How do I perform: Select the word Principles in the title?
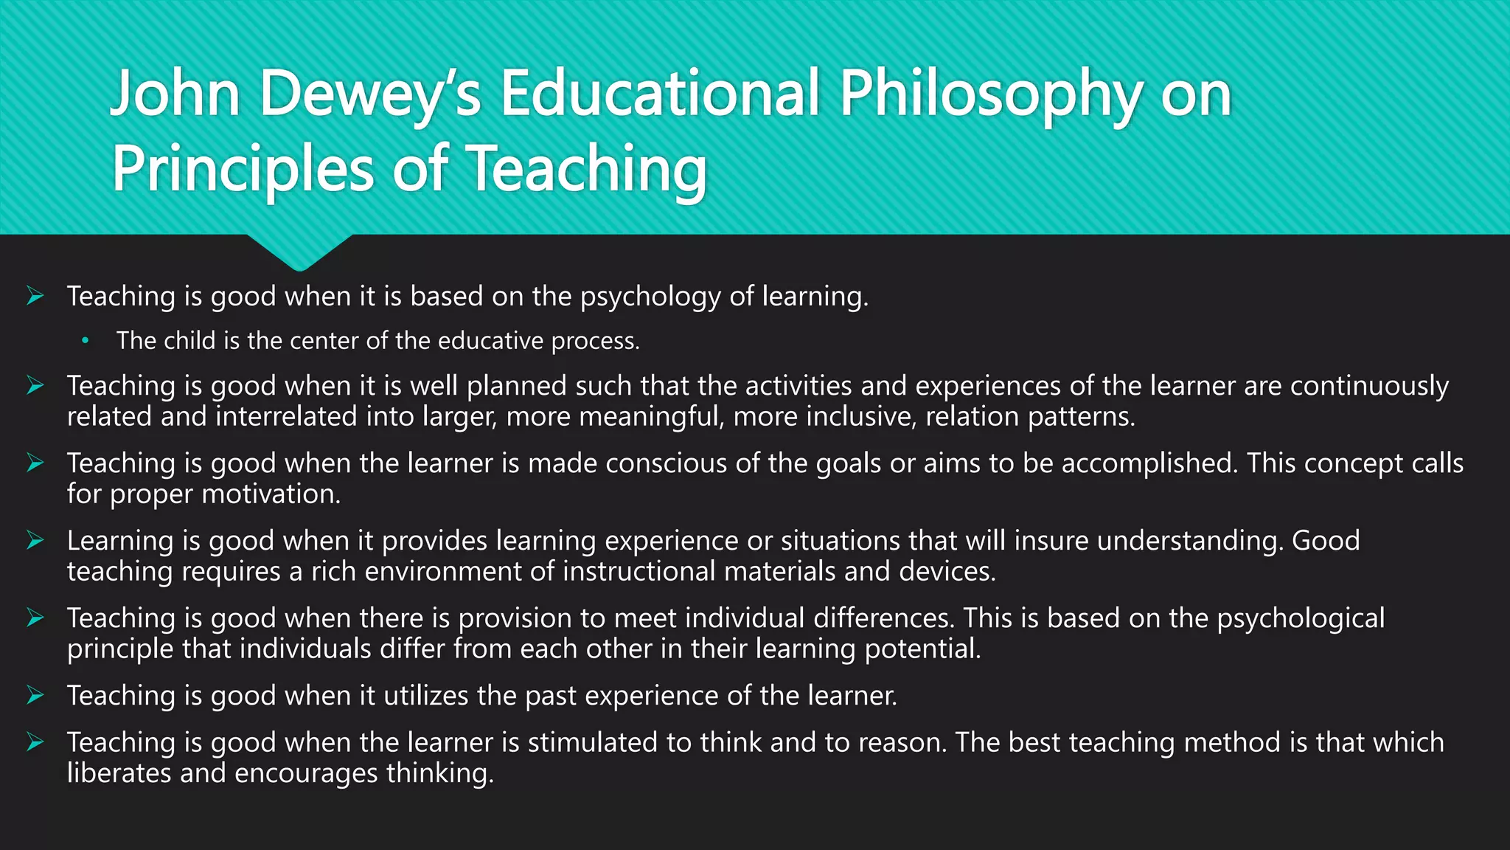pos(243,170)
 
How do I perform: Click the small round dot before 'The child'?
pos(86,341)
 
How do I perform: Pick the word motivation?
pos(271,494)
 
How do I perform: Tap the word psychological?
pos(1301,618)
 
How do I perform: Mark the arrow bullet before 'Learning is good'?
pos(35,541)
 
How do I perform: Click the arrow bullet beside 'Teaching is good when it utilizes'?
pos(35,695)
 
